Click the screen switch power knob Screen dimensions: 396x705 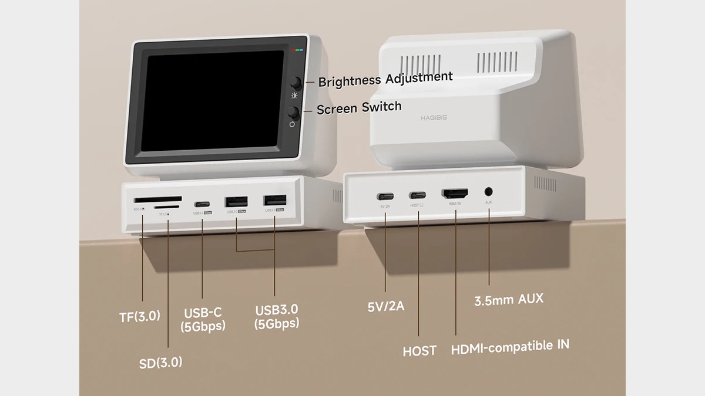pos(294,113)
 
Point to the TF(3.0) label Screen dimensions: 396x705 pos(139,316)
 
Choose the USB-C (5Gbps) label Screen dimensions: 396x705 pos(203,319)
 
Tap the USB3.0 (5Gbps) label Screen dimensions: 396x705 pos(277,316)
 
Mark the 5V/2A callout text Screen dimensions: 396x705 pos(385,306)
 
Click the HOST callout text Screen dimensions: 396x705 pos(419,351)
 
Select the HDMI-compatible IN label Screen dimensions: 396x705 pos(510,346)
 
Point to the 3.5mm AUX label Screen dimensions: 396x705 pos(509,300)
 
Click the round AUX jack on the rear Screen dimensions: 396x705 pos(488,191)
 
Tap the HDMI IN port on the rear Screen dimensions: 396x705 pos(455,193)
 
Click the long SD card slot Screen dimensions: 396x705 pos(157,199)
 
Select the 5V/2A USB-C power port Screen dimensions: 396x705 pos(385,196)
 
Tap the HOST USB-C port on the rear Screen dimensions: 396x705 pos(418,195)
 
